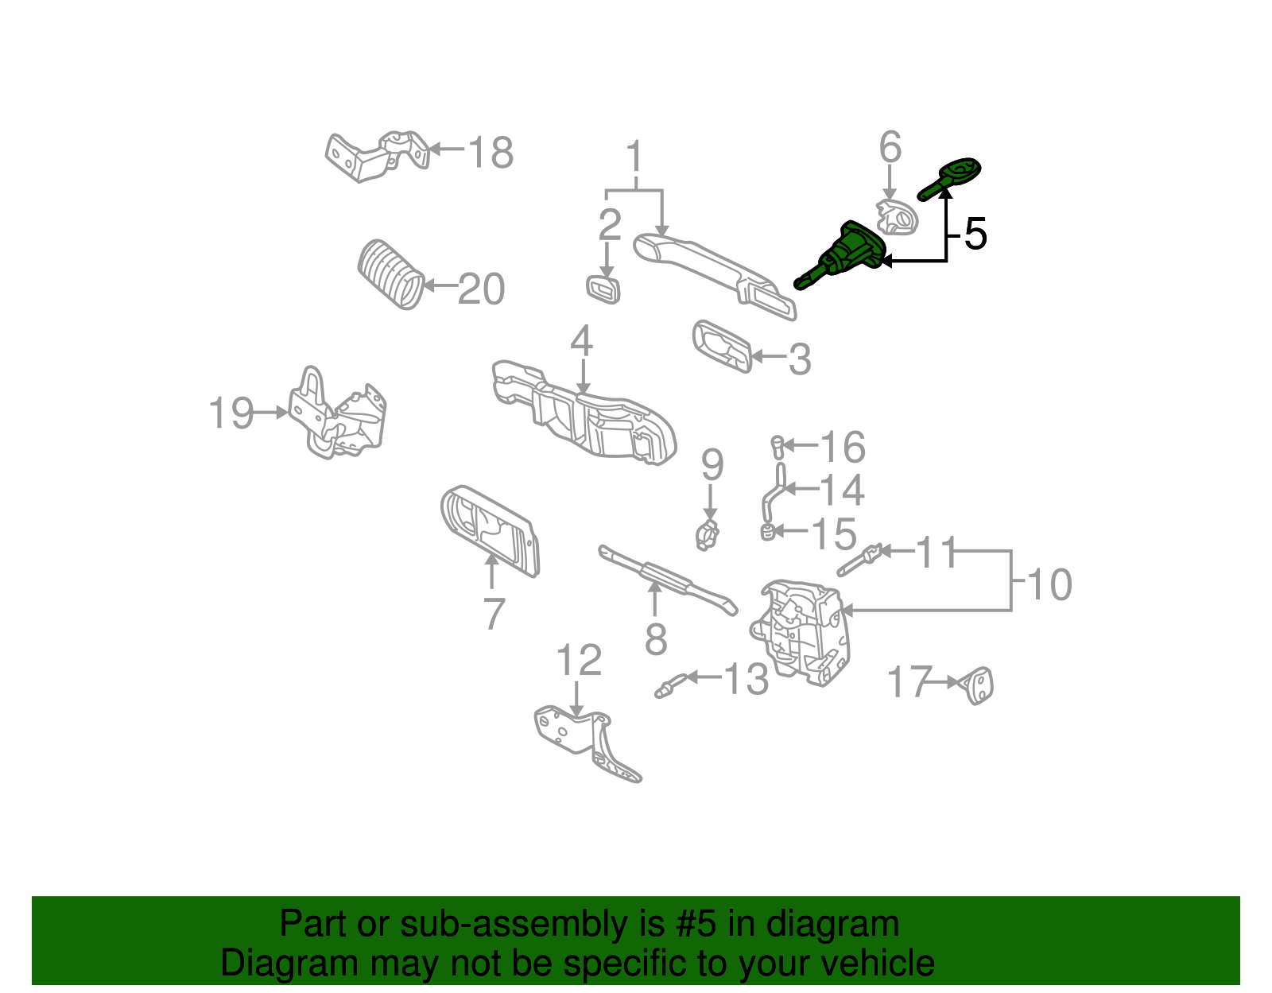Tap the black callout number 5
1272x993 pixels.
click(975, 235)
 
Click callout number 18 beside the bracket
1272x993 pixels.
click(491, 153)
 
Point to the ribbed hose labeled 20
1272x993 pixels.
click(390, 273)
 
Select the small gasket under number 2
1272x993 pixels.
click(603, 289)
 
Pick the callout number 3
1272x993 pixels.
click(800, 359)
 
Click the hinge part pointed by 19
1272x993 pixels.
click(338, 413)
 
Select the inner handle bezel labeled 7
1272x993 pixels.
click(489, 529)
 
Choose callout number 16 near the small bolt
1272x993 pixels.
click(843, 447)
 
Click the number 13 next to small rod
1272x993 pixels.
click(746, 679)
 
